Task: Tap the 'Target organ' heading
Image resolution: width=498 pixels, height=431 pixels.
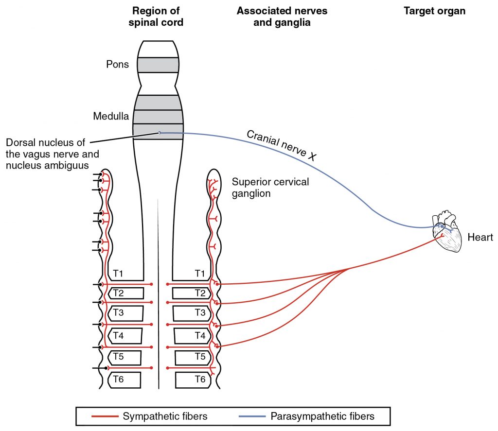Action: click(434, 11)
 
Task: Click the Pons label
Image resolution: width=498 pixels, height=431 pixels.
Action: click(117, 64)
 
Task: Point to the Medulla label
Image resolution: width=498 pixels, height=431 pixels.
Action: click(111, 116)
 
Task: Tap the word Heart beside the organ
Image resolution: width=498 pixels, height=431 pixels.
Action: click(480, 238)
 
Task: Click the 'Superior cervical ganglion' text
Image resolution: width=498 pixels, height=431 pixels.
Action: click(270, 188)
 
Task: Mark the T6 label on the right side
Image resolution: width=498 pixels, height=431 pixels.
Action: click(200, 379)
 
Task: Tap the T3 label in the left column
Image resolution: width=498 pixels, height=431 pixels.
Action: click(118, 312)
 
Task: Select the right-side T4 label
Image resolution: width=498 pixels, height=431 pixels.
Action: click(200, 335)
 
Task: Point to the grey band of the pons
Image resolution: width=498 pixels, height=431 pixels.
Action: click(158, 65)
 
